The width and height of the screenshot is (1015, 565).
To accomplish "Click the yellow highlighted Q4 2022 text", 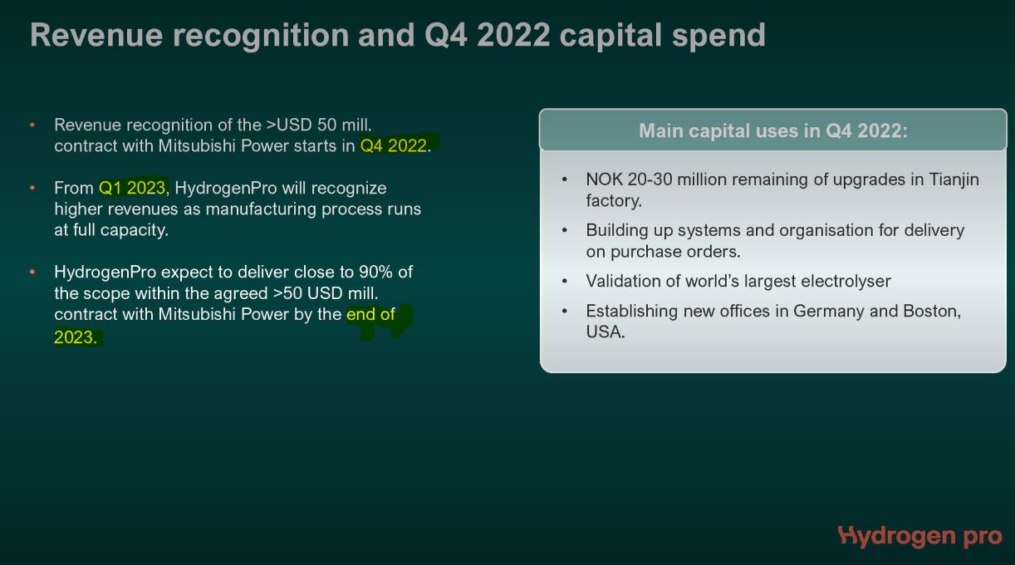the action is [394, 145].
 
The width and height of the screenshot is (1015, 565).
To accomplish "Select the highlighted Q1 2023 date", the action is [132, 188].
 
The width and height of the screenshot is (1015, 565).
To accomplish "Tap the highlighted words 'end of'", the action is [370, 314].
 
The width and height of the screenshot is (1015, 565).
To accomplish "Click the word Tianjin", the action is [954, 179].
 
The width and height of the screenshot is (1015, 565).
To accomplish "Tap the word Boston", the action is [932, 311].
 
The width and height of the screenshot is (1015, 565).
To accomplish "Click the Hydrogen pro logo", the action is [919, 537].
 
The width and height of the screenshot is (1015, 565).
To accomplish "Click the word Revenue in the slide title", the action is [96, 35].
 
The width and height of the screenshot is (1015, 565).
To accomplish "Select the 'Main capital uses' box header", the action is [772, 130].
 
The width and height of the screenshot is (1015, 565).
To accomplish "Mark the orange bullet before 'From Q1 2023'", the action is [32, 187].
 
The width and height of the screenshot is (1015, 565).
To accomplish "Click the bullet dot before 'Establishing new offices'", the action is [565, 311].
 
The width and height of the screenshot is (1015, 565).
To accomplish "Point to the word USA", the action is [606, 332].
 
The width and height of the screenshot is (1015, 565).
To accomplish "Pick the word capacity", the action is [134, 230].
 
